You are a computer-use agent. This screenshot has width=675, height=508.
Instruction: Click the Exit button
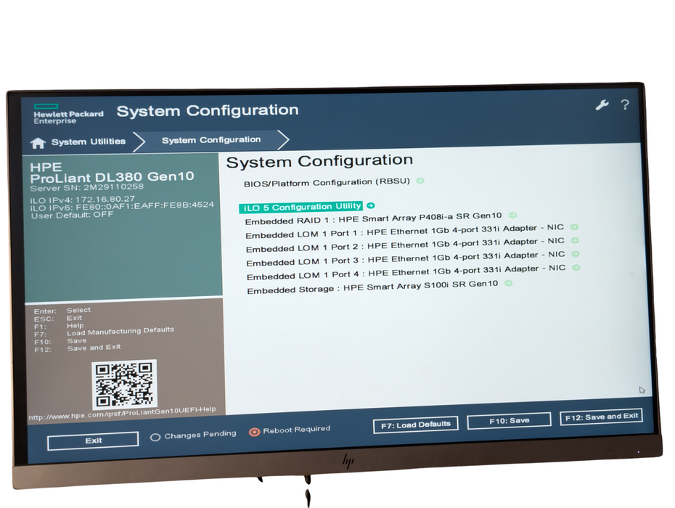(x=93, y=441)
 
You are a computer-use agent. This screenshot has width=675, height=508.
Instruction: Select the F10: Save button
(x=509, y=421)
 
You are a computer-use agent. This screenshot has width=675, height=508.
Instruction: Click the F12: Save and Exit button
(x=602, y=417)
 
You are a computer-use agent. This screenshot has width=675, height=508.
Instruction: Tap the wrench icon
(x=602, y=105)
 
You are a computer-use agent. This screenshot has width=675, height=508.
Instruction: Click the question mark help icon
(x=625, y=105)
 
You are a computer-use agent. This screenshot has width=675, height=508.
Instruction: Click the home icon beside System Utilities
(x=38, y=142)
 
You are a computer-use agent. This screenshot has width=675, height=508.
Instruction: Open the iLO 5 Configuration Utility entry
(x=301, y=207)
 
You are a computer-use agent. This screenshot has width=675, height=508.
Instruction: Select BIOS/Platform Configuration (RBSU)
(x=327, y=183)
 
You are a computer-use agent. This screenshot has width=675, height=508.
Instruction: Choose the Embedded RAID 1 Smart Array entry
(x=373, y=218)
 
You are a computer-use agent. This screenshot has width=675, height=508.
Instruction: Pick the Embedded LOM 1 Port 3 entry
(x=406, y=258)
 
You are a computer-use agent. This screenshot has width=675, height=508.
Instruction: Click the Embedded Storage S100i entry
(x=372, y=287)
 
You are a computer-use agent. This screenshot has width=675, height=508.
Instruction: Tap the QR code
(x=124, y=385)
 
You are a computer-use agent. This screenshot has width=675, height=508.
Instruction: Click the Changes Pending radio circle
(x=155, y=438)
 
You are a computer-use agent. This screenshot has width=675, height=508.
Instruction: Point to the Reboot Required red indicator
(x=255, y=432)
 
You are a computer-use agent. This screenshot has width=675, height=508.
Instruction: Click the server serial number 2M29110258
(x=114, y=187)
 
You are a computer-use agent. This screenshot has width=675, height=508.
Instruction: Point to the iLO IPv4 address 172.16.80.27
(x=105, y=200)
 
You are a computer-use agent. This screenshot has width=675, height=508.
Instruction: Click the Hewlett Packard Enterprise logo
(x=68, y=114)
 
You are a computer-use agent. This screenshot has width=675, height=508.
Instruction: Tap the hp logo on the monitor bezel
(x=348, y=462)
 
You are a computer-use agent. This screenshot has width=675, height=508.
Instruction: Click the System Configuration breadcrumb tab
(x=211, y=140)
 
